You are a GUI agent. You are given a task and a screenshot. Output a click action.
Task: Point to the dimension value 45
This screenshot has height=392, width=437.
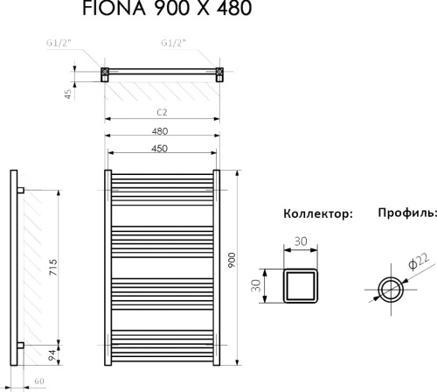68,94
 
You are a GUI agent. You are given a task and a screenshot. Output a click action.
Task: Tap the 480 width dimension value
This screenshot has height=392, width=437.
159,130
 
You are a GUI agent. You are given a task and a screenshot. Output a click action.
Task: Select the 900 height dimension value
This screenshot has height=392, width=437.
232,262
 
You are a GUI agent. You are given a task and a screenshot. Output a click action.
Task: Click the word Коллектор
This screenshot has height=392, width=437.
317,213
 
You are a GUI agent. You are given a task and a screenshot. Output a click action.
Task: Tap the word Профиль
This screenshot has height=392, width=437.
406,213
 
